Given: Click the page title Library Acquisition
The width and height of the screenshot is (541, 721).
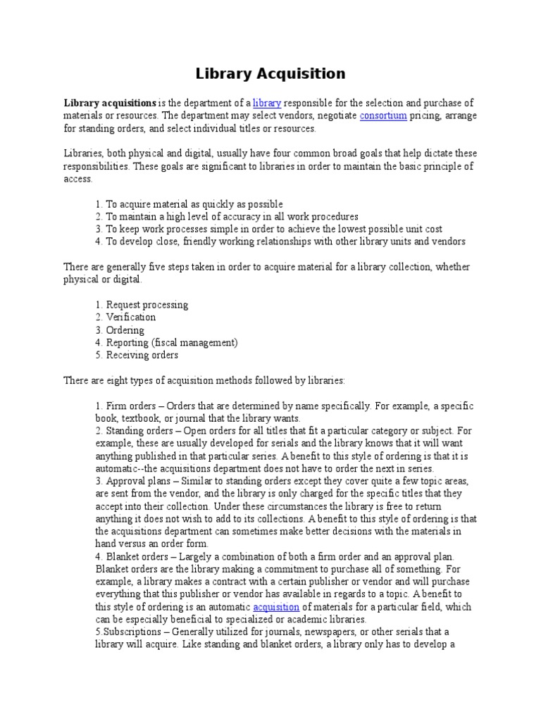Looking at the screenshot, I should point(270,74).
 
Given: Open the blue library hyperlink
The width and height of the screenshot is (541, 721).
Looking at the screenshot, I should point(267,104).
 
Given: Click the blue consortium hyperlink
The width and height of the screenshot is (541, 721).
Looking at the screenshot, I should point(383,116).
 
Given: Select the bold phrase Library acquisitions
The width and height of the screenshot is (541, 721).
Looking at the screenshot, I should point(110,104).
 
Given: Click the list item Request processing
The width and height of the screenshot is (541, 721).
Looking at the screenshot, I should point(147,305).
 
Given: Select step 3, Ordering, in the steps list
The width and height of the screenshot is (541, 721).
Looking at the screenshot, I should point(125,330).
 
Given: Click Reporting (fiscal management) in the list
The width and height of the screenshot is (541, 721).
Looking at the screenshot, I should point(172,343).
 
